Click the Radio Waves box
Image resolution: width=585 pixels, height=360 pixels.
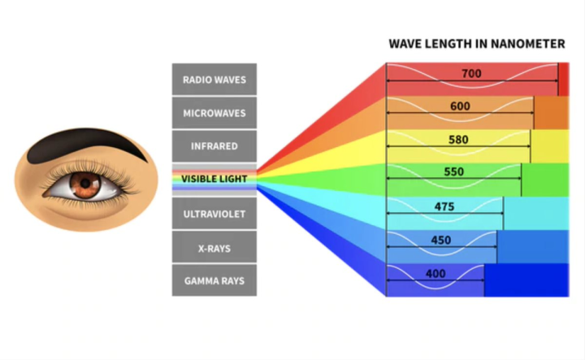pos(214,80)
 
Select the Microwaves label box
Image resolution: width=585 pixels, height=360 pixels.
pos(214,113)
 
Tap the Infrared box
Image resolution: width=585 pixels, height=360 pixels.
pos(214,146)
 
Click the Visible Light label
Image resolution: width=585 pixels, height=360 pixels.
pos(214,178)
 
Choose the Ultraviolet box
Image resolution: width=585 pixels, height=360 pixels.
pos(214,214)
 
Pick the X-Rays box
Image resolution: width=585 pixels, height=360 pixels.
pos(214,247)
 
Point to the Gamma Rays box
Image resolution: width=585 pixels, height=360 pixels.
pos(214,280)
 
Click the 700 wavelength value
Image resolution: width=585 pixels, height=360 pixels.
pos(470,73)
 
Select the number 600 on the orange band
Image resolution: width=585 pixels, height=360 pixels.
pos(460,106)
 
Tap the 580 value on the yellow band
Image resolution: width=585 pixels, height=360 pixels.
pos(458,139)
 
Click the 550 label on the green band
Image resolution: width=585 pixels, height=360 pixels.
pos(454,172)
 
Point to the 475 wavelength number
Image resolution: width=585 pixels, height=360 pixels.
pos(444,206)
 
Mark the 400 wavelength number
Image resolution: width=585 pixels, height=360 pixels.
pos(435,274)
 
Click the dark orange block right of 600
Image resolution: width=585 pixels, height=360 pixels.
pos(551,113)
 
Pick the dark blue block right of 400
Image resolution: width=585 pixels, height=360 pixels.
pos(526,280)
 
